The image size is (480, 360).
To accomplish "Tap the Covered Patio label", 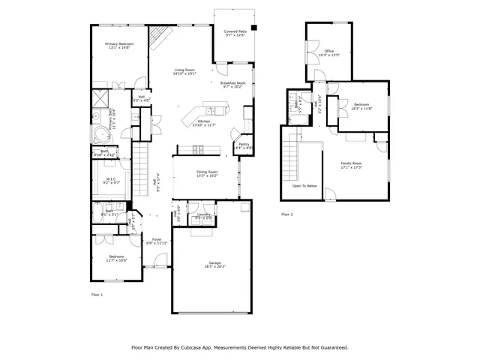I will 235,31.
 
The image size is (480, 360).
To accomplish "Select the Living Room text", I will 184,70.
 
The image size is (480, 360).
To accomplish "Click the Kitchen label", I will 203,121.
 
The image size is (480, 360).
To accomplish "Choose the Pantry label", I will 244,144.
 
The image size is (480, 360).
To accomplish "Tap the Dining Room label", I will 207,172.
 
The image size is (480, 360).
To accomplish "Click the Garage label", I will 214,262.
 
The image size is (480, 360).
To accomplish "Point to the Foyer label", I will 156,239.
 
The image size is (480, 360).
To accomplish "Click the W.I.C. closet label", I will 111,178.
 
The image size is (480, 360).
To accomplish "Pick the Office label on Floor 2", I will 329,51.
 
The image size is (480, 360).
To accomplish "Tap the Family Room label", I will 351,163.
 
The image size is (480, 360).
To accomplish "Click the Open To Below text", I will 304,185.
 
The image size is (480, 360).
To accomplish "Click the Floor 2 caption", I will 287,214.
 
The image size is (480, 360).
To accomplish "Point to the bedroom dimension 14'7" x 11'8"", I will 361,109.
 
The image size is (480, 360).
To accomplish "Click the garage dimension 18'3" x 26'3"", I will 214,267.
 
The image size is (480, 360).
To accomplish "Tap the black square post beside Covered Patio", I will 253,28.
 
